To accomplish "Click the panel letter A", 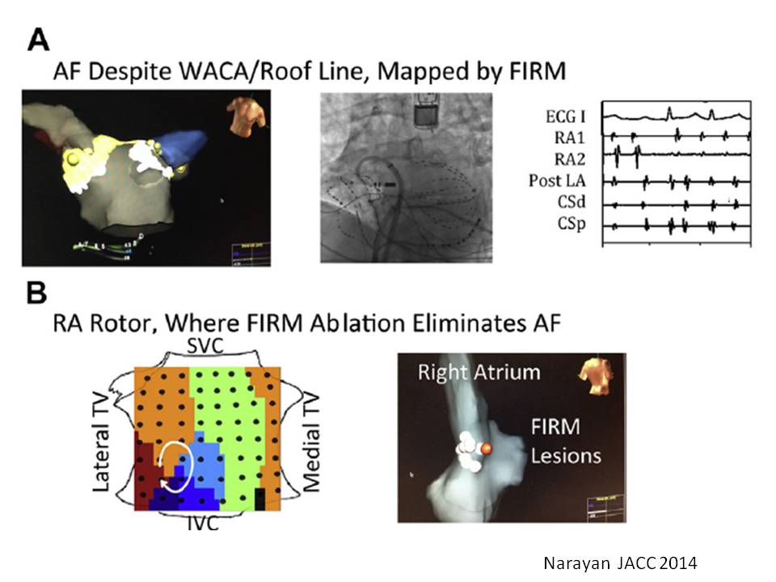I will pos(38,40).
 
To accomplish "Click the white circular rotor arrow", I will pos(177,464).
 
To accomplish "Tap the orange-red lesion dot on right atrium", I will pos(486,448).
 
